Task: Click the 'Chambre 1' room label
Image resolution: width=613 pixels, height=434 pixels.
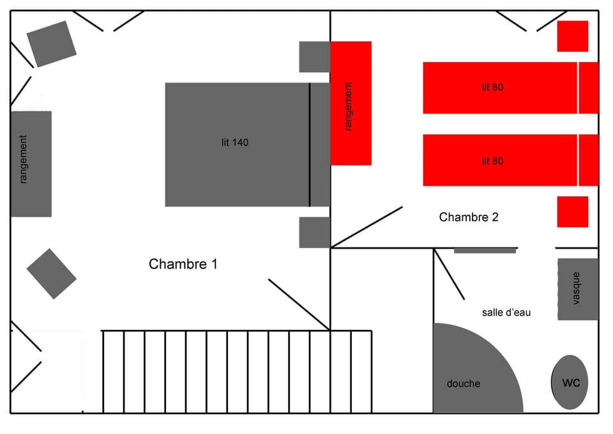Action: pyautogui.click(x=183, y=264)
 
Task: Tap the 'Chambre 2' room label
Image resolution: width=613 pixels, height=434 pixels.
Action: pyautogui.click(x=469, y=217)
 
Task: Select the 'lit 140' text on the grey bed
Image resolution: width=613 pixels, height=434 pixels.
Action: pyautogui.click(x=235, y=143)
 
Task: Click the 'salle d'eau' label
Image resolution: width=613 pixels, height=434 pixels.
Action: pyautogui.click(x=506, y=313)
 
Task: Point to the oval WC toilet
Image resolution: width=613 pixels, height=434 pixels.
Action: pyautogui.click(x=570, y=382)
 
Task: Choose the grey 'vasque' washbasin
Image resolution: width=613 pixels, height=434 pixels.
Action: pyautogui.click(x=578, y=289)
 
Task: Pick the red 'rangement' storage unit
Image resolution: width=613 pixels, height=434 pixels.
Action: pyautogui.click(x=351, y=104)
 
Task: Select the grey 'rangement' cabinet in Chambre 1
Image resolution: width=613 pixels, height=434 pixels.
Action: pyautogui.click(x=31, y=164)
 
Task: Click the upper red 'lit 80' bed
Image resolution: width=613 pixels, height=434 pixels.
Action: pyautogui.click(x=511, y=88)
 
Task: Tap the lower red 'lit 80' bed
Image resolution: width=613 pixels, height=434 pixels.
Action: pyautogui.click(x=511, y=160)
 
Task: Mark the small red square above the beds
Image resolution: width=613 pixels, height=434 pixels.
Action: pyautogui.click(x=573, y=36)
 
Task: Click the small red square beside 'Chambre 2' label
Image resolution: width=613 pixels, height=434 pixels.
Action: pyautogui.click(x=573, y=212)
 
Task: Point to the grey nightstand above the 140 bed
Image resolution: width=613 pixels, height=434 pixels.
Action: pyautogui.click(x=315, y=57)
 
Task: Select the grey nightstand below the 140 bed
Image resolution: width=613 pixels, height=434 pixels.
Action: pyautogui.click(x=315, y=233)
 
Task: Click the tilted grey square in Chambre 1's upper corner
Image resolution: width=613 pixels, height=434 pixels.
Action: pyautogui.click(x=52, y=44)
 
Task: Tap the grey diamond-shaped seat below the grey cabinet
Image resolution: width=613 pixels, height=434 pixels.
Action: pyautogui.click(x=52, y=274)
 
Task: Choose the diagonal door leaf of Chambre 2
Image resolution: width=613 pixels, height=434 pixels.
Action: pyautogui.click(x=367, y=228)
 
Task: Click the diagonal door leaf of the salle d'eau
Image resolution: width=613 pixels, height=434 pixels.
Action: pyautogui.click(x=449, y=274)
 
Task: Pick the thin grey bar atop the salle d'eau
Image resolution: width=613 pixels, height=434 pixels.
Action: pyautogui.click(x=485, y=251)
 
